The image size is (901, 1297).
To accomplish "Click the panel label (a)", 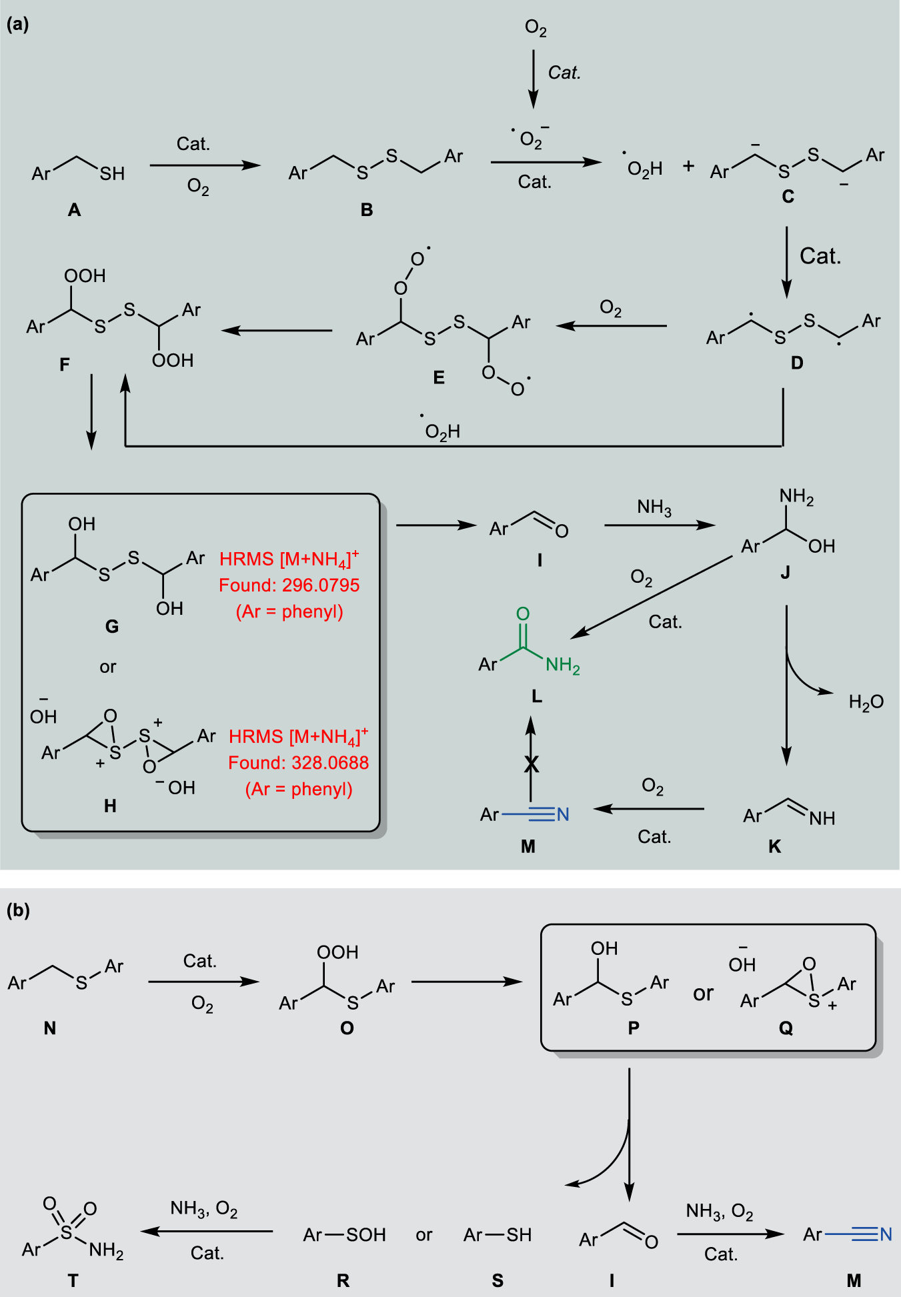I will [18, 25].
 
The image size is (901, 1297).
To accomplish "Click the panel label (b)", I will [18, 910].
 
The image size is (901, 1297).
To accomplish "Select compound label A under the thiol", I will [74, 210].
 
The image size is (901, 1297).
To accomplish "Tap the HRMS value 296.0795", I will [321, 585].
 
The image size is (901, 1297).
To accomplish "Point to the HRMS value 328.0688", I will [330, 763].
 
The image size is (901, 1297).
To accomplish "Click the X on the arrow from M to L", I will [531, 764].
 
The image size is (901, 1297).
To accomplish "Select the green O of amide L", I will [523, 613].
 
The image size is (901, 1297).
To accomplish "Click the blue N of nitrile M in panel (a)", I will [563, 814].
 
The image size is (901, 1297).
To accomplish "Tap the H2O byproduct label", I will [866, 702].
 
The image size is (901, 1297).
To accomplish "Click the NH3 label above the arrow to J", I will [654, 507].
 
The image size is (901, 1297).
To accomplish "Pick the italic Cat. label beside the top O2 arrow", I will [564, 73].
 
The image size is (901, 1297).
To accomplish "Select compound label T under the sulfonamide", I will [73, 1280].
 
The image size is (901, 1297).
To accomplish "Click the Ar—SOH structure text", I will [344, 1235].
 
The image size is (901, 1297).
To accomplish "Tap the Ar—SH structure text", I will [498, 1235].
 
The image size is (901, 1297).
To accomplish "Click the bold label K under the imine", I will [774, 846].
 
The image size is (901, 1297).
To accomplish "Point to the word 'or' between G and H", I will [108, 667].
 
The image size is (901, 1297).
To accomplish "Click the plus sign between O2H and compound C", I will [688, 166].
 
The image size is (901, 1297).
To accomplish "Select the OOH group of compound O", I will [337, 952].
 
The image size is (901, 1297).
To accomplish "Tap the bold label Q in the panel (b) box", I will [786, 1028].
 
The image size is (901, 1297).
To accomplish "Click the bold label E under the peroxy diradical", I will [438, 377].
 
